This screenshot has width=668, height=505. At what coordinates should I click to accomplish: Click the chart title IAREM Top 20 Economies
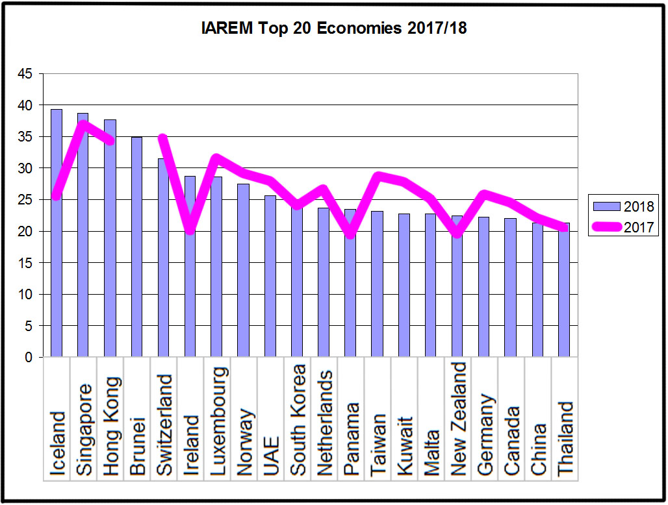pyautogui.click(x=333, y=29)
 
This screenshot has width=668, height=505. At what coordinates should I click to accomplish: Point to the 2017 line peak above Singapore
pyautogui.click(x=83, y=123)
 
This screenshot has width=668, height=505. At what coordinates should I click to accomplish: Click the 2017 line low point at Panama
pyautogui.click(x=350, y=234)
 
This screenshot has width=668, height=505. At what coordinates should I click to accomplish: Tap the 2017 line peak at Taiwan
pyautogui.click(x=378, y=175)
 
